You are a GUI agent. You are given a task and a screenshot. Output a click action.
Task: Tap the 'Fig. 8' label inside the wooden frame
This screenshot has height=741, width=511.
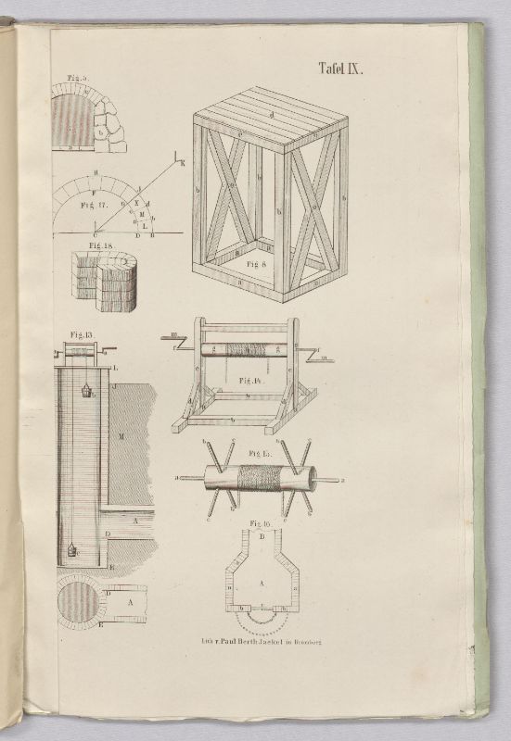tap(259, 263)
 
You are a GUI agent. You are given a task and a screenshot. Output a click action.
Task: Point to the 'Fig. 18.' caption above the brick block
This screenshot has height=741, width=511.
tap(100, 245)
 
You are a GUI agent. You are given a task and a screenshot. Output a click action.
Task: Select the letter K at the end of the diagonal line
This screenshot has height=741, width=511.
tap(183, 164)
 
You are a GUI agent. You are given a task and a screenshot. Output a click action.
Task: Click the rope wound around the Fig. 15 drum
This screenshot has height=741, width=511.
tap(256, 478)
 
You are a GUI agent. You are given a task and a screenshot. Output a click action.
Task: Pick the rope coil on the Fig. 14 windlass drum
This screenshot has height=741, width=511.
tap(246, 350)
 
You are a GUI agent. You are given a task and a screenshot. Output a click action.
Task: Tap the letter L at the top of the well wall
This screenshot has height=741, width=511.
tap(114, 369)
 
